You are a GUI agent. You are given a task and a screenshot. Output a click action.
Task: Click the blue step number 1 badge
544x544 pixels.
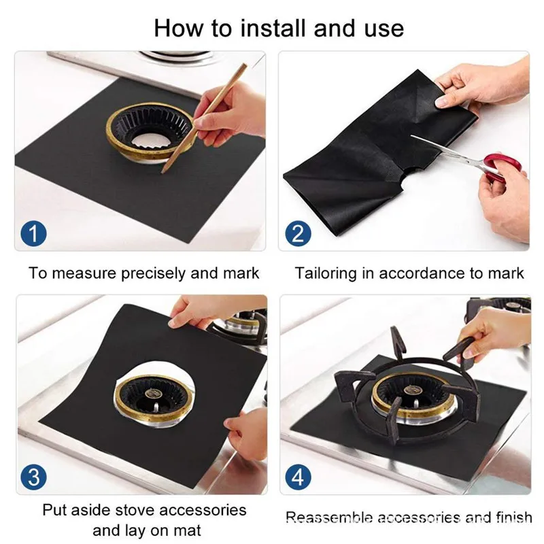[x=33, y=233]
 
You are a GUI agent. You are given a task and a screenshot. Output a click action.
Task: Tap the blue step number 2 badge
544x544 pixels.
[x=298, y=233]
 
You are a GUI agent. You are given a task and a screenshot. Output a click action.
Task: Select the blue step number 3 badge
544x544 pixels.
[x=33, y=477]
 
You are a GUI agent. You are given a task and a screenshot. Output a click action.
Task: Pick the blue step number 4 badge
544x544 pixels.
[x=298, y=477]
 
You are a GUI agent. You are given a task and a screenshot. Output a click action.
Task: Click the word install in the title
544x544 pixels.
[x=274, y=29]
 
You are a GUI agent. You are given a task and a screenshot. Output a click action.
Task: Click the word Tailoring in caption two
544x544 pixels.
[x=326, y=273]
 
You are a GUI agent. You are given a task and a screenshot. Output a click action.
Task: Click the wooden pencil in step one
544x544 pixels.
[x=204, y=118]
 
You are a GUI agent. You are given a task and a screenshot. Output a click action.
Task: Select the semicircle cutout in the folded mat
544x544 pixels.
[x=410, y=174]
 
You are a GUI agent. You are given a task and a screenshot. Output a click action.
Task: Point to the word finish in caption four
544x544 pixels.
[x=514, y=517]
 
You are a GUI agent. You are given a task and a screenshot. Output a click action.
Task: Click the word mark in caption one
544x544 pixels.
[x=241, y=273]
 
